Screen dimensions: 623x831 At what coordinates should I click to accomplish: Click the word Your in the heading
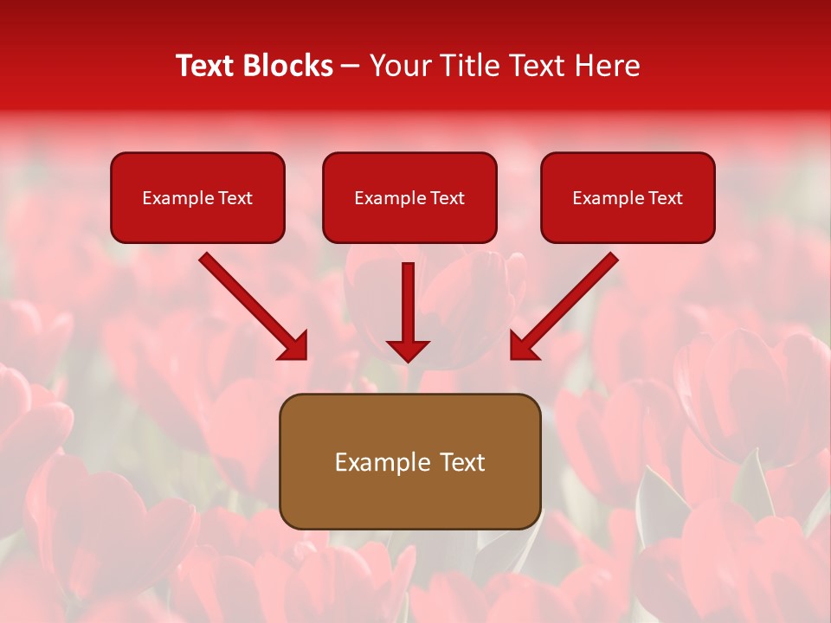click(397, 66)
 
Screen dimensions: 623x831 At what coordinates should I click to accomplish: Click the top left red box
click(197, 197)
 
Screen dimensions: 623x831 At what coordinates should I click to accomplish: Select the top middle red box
click(409, 197)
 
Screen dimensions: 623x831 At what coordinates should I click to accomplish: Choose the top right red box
click(628, 197)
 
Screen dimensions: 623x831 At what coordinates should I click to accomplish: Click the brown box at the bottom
click(409, 461)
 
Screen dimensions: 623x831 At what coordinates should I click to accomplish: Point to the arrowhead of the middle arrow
click(408, 350)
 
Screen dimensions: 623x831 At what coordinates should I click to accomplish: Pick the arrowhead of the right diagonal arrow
click(522, 348)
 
